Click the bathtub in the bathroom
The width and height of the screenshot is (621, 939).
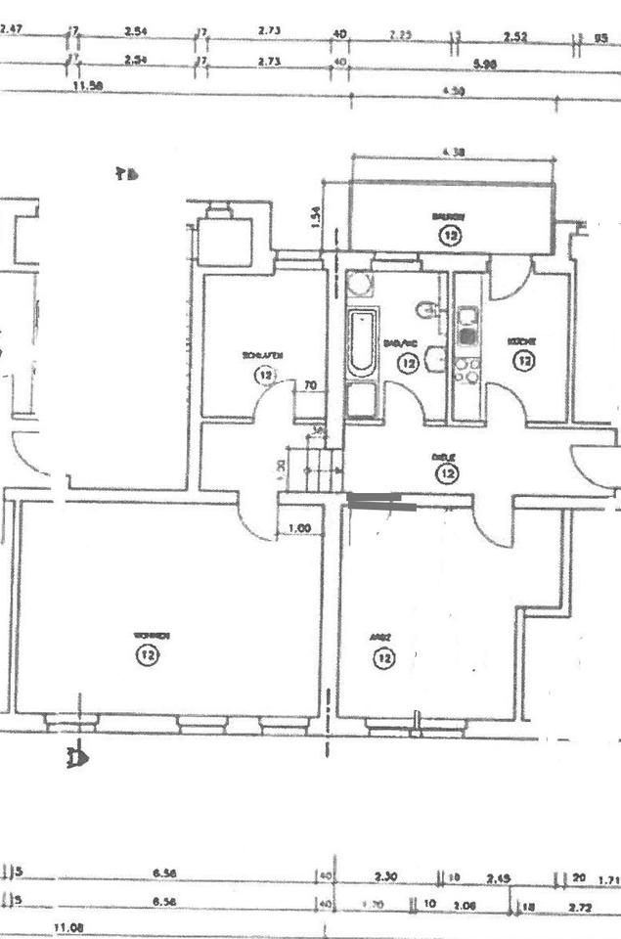click(x=361, y=342)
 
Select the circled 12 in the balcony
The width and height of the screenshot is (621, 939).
click(x=450, y=235)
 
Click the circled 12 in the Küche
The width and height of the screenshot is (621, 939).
click(x=525, y=361)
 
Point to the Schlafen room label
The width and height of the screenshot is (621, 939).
click(x=262, y=355)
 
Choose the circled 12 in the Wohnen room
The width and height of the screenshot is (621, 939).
click(x=148, y=654)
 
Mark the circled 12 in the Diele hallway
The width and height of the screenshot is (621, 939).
click(x=448, y=474)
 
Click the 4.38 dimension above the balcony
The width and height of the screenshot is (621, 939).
click(x=452, y=152)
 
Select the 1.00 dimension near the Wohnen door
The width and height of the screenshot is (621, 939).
click(x=300, y=529)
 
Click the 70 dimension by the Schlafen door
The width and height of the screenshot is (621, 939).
click(x=310, y=385)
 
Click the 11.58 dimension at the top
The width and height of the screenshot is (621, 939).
click(x=88, y=86)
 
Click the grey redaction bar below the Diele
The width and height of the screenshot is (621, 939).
click(x=381, y=503)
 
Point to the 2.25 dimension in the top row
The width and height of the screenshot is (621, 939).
click(x=400, y=34)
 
